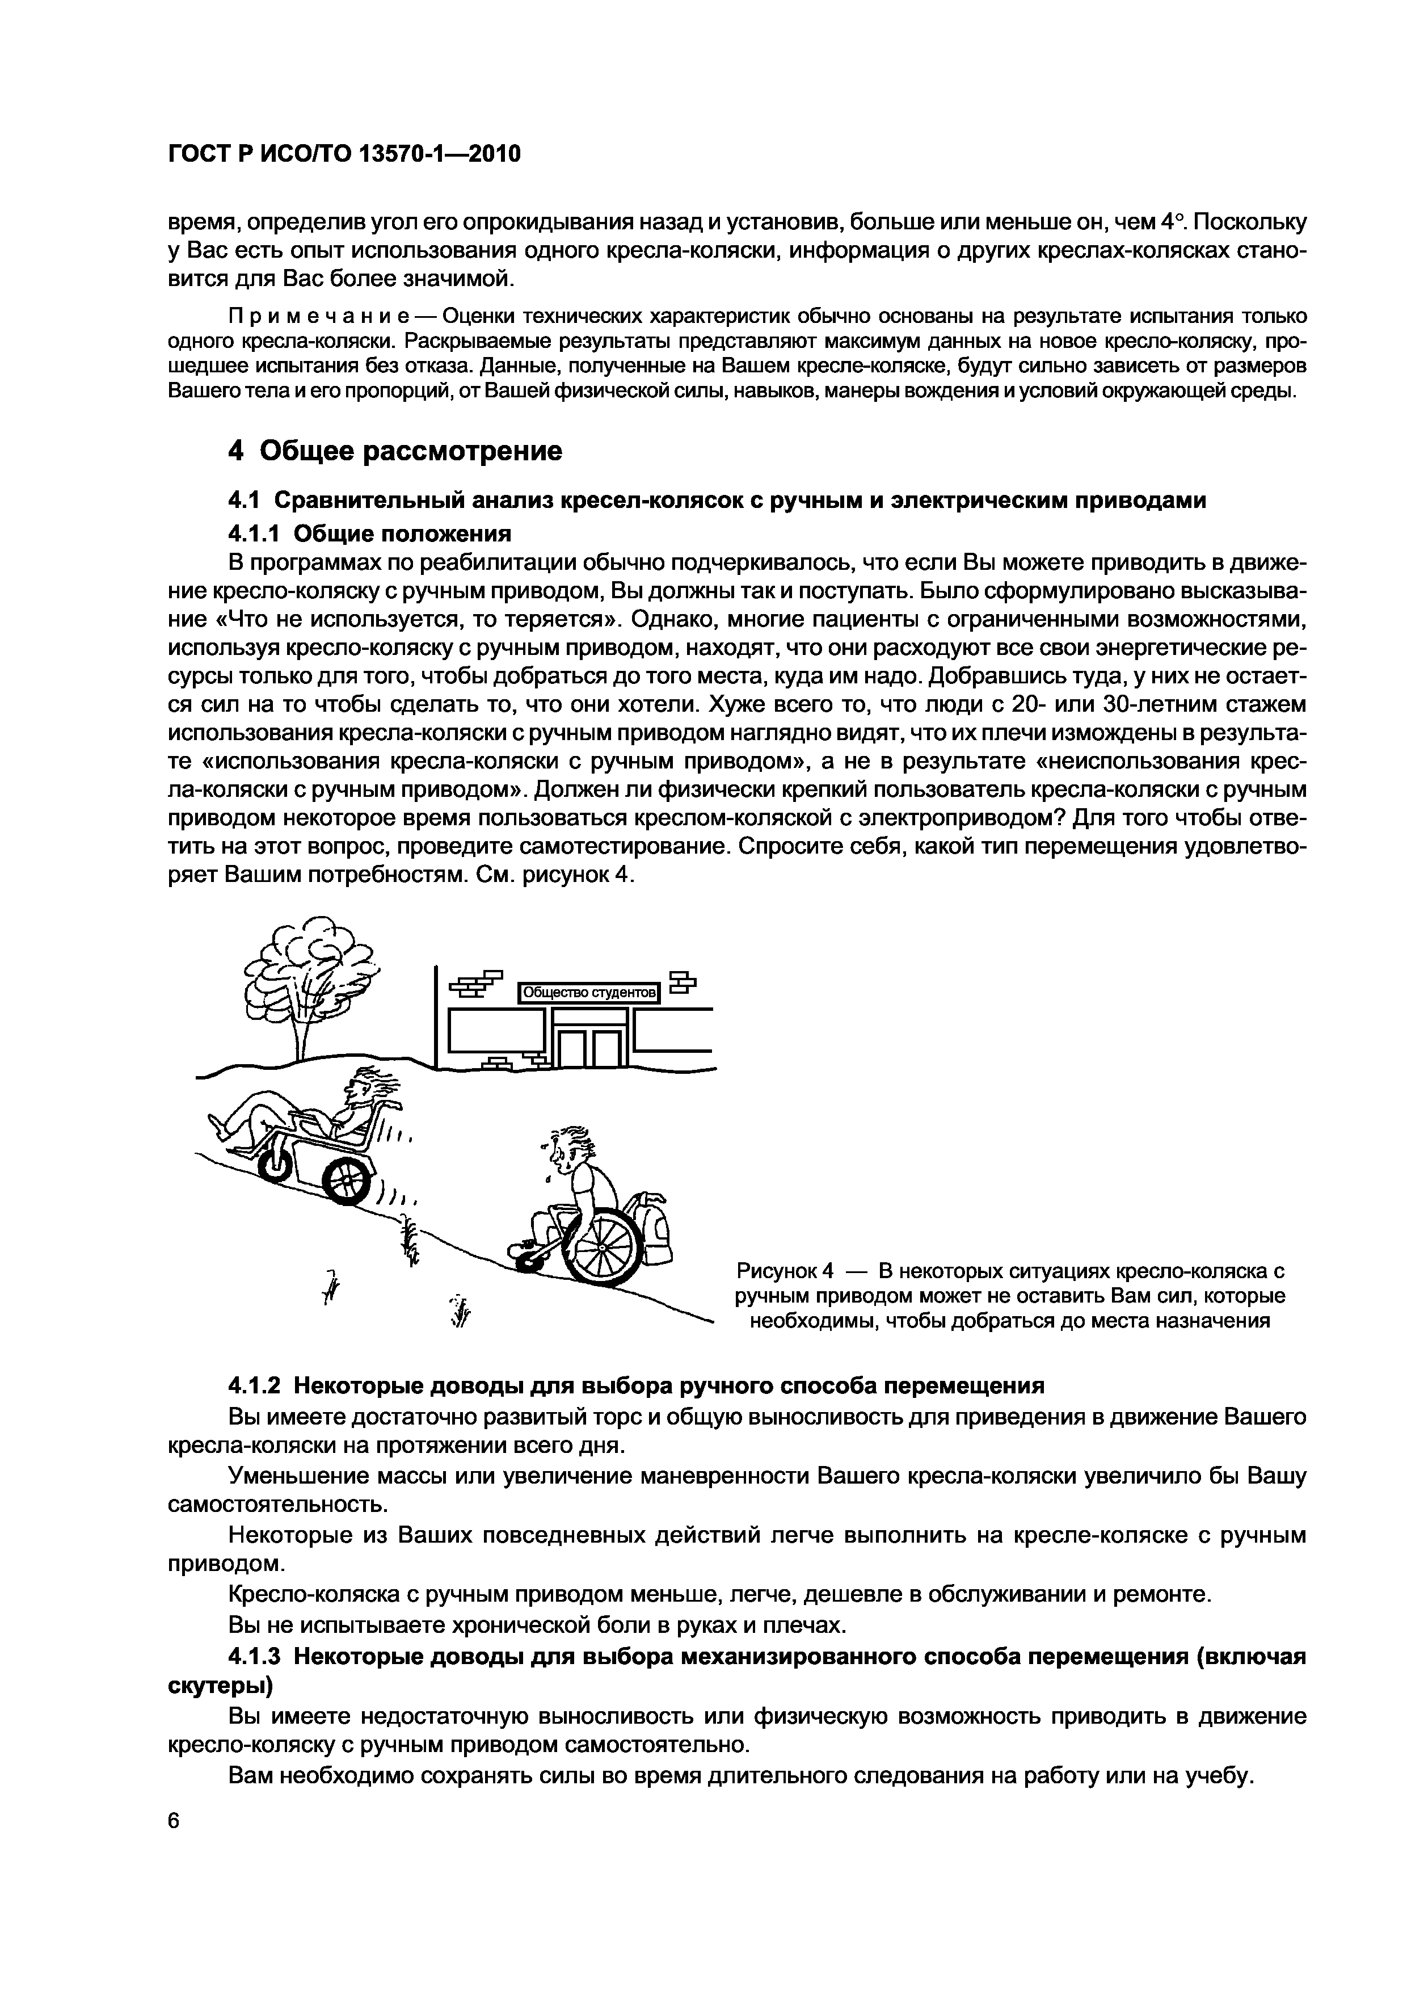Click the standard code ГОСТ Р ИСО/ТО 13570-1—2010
click(343, 154)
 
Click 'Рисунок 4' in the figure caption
click(783, 1272)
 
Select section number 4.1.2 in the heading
click(256, 1386)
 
